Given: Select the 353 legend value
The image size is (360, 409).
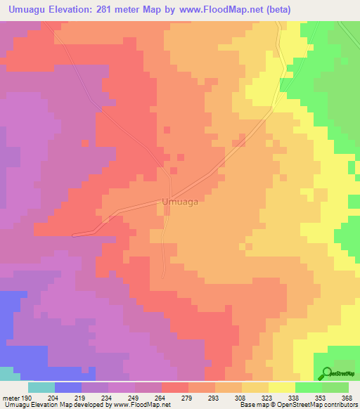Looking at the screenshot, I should (321, 397).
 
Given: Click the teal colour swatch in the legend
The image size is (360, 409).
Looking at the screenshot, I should (41, 387).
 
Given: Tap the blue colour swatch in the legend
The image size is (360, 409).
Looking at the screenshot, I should (67, 387).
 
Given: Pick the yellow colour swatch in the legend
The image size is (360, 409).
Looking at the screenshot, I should (281, 387).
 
